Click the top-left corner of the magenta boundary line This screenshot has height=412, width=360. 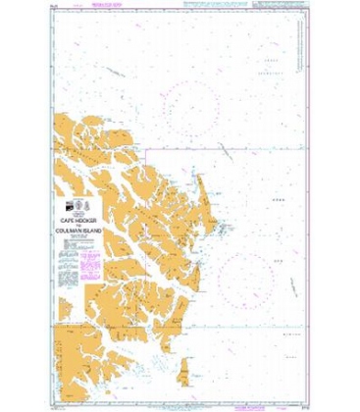click(147, 153)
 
